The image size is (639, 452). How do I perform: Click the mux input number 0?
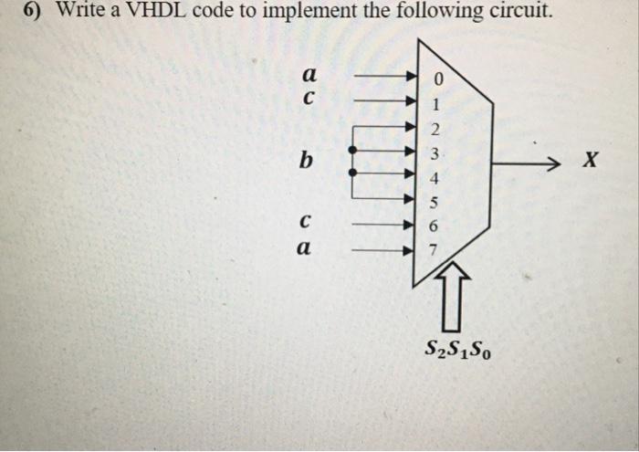pos(435,79)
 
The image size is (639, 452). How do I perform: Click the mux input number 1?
pos(435,102)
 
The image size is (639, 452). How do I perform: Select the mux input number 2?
pos(435,127)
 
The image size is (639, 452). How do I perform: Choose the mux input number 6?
pos(435,224)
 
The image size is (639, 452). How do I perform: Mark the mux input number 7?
pos(435,248)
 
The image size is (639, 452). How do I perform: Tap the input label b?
pos(307,163)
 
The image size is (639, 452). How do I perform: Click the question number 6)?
pos(36,12)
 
